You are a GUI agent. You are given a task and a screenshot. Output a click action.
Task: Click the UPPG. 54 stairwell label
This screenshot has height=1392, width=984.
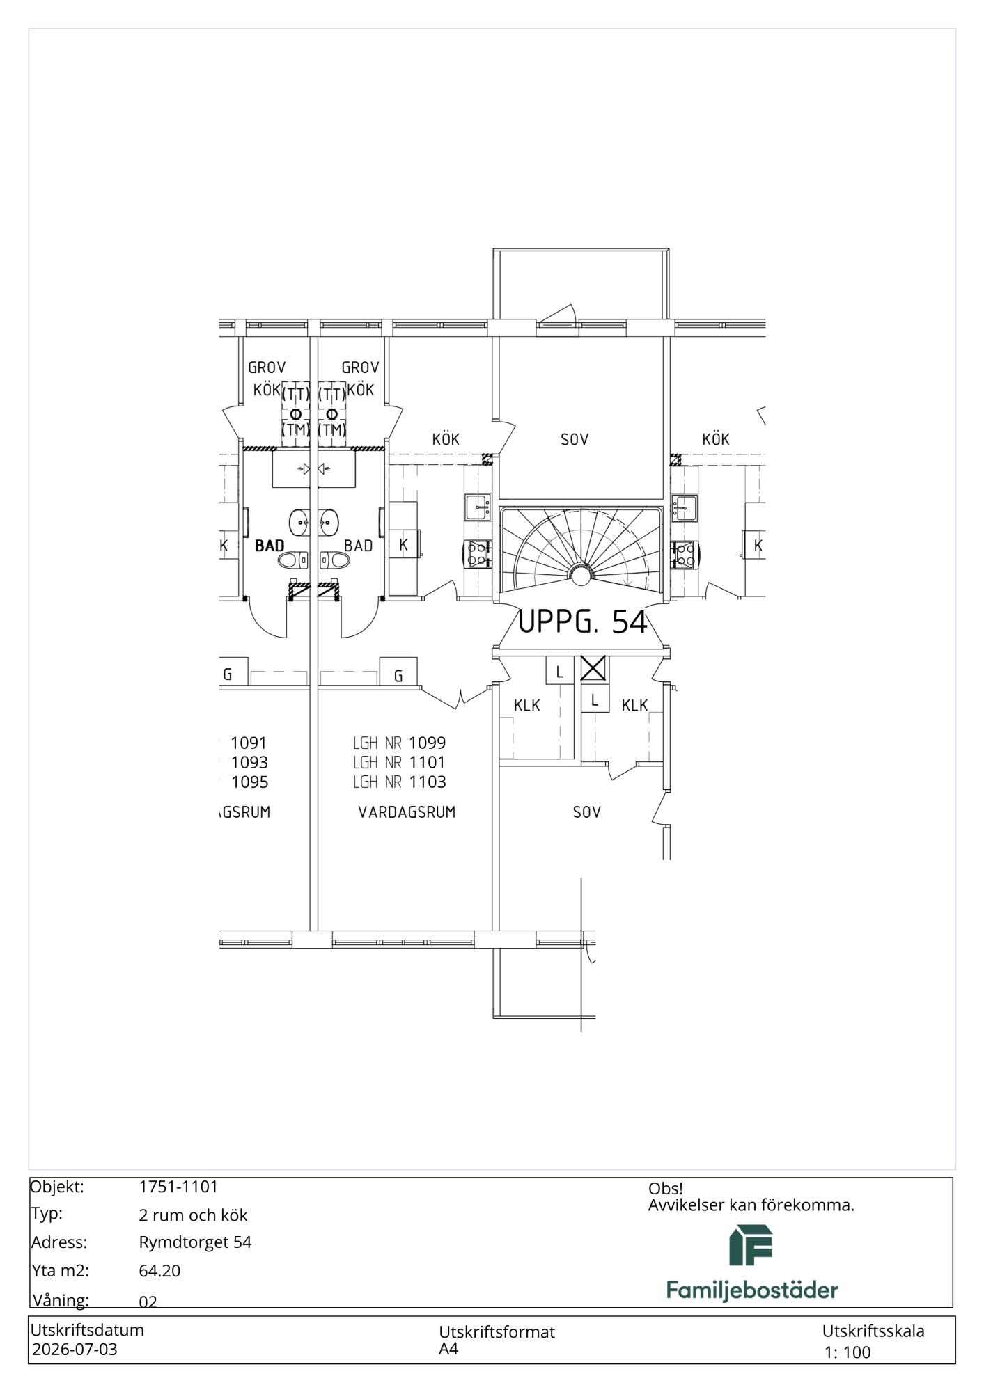coord(583,622)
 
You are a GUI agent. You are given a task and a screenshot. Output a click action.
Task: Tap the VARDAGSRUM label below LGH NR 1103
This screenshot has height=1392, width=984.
coord(407,812)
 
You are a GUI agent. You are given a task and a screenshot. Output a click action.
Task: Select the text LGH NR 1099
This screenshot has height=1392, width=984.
coord(399,743)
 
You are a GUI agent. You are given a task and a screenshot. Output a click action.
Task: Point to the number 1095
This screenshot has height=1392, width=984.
coord(249,782)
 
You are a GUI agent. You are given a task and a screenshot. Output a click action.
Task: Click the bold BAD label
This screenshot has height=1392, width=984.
coord(270,546)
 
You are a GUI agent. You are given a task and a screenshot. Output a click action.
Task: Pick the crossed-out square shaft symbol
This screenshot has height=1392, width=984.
coord(593,669)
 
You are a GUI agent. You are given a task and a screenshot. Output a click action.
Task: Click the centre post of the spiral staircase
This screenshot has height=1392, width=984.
coord(579,575)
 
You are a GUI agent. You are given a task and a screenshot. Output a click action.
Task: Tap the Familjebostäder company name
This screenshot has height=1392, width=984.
coord(752,1290)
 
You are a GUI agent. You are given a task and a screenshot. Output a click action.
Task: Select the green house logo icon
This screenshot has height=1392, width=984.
coord(751,1245)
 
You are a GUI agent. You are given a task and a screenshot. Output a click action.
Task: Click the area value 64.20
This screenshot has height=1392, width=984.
coord(159,1270)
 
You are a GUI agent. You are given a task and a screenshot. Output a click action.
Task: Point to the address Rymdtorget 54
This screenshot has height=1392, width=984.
coord(195,1242)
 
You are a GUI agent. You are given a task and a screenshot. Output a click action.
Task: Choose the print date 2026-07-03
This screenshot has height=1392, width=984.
coord(75,1349)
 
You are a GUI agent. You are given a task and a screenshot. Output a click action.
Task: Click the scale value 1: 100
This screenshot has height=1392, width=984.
coord(848,1352)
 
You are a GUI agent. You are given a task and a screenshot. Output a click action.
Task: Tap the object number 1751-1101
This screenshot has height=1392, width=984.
coord(178,1186)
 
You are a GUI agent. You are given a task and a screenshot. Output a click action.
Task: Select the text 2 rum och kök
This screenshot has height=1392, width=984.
coord(193,1215)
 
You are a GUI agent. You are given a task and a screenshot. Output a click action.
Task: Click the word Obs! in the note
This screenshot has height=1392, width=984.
coord(666,1188)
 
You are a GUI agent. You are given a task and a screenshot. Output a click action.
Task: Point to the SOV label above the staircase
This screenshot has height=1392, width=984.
coord(575,439)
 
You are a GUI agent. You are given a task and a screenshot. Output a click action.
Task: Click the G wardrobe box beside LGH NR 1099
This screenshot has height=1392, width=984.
coord(398,672)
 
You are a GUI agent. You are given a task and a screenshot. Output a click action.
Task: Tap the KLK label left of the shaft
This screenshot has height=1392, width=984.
coord(526,705)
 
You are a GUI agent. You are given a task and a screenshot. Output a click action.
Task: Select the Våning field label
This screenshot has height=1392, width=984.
coord(60,1300)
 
